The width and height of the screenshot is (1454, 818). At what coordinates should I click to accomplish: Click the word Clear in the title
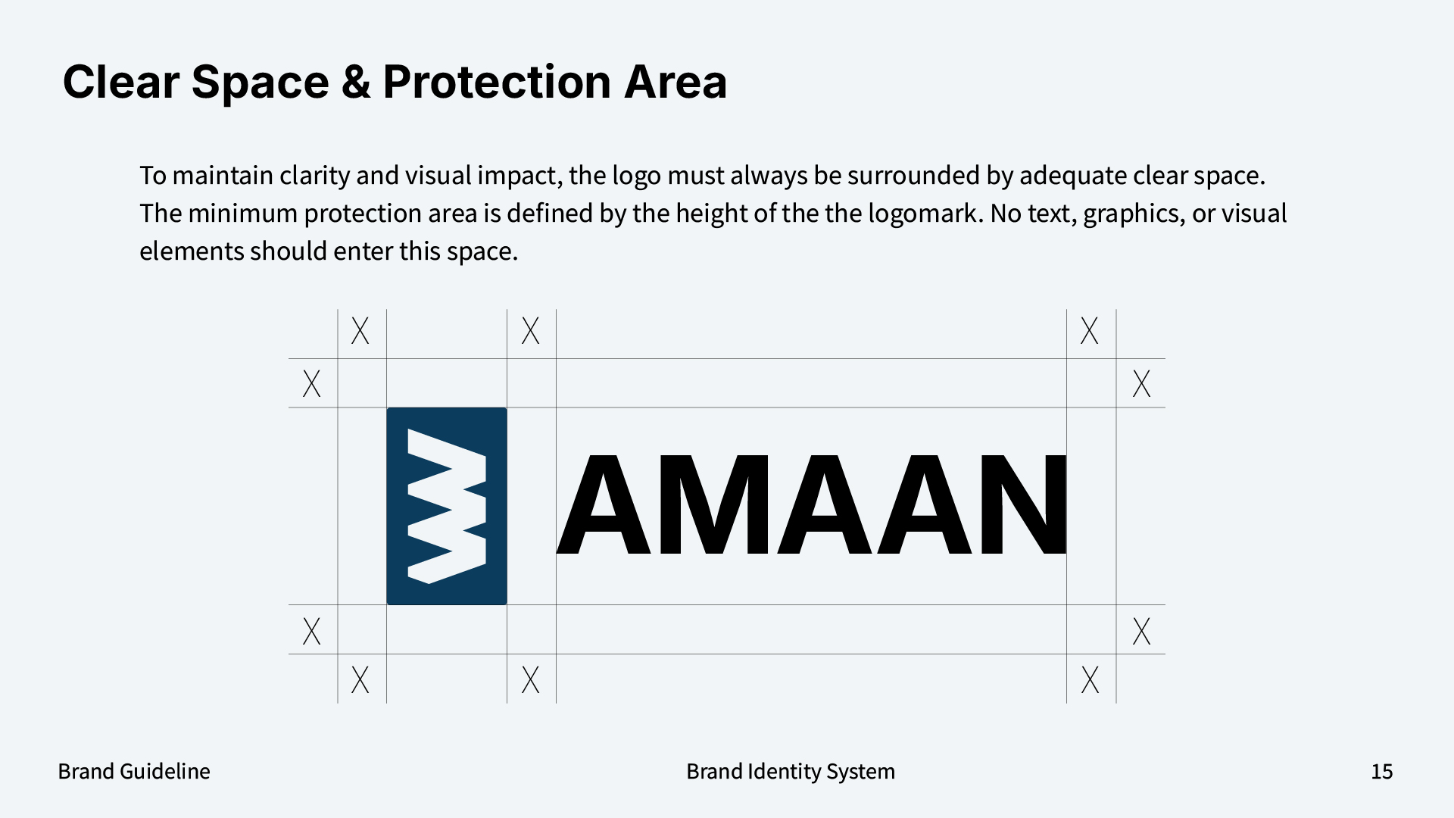coord(120,82)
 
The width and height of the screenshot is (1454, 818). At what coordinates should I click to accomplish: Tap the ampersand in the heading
coord(355,82)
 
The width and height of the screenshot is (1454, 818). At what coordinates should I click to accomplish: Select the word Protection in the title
coord(496,82)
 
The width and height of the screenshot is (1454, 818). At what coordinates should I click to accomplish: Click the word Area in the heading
coord(675,82)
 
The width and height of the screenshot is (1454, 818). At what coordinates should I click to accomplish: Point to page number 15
coord(1381,771)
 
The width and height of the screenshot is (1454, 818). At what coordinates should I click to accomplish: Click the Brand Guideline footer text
coord(134,771)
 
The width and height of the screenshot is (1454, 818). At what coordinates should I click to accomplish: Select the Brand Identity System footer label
coord(790,771)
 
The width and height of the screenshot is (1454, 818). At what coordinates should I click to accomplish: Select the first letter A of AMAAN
coord(604,505)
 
